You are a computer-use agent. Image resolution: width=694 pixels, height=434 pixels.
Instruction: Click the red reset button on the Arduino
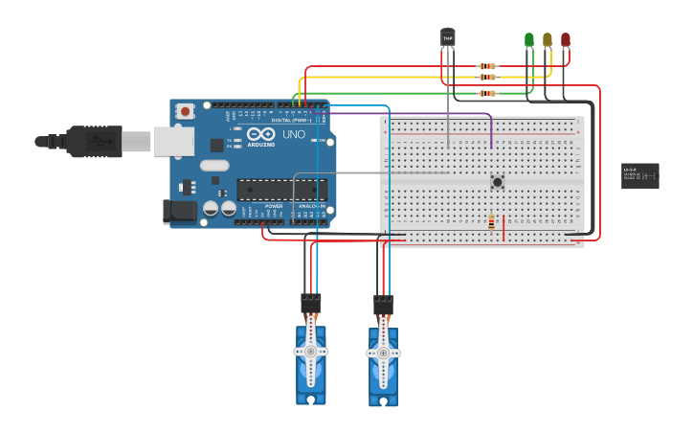[185, 111]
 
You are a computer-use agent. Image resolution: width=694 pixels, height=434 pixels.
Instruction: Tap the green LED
[528, 39]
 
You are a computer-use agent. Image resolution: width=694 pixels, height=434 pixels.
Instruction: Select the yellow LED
[548, 39]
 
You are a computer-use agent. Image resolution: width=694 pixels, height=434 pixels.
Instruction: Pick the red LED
[565, 39]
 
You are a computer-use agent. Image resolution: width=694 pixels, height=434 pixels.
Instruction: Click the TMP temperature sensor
[447, 37]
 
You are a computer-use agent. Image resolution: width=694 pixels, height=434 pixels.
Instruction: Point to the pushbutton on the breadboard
[497, 181]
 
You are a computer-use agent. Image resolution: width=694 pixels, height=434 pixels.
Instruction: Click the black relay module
[639, 175]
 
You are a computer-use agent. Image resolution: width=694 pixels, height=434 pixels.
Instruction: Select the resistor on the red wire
[488, 66]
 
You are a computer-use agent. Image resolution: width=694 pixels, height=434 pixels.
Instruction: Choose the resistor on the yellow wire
[488, 77]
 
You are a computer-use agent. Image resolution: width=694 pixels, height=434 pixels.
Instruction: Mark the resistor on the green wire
[488, 93]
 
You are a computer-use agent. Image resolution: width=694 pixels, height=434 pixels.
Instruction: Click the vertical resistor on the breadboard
[491, 222]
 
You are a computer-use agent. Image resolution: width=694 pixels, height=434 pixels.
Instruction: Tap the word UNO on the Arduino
[293, 135]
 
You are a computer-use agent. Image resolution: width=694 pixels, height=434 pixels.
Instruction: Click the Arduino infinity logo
[261, 134]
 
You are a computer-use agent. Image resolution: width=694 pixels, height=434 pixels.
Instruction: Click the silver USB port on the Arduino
[173, 142]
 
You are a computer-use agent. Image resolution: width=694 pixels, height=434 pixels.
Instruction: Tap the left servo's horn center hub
[310, 352]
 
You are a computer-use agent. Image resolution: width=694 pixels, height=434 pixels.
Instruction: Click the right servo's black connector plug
[384, 306]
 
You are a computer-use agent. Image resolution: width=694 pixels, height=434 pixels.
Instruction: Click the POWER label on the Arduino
[274, 206]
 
